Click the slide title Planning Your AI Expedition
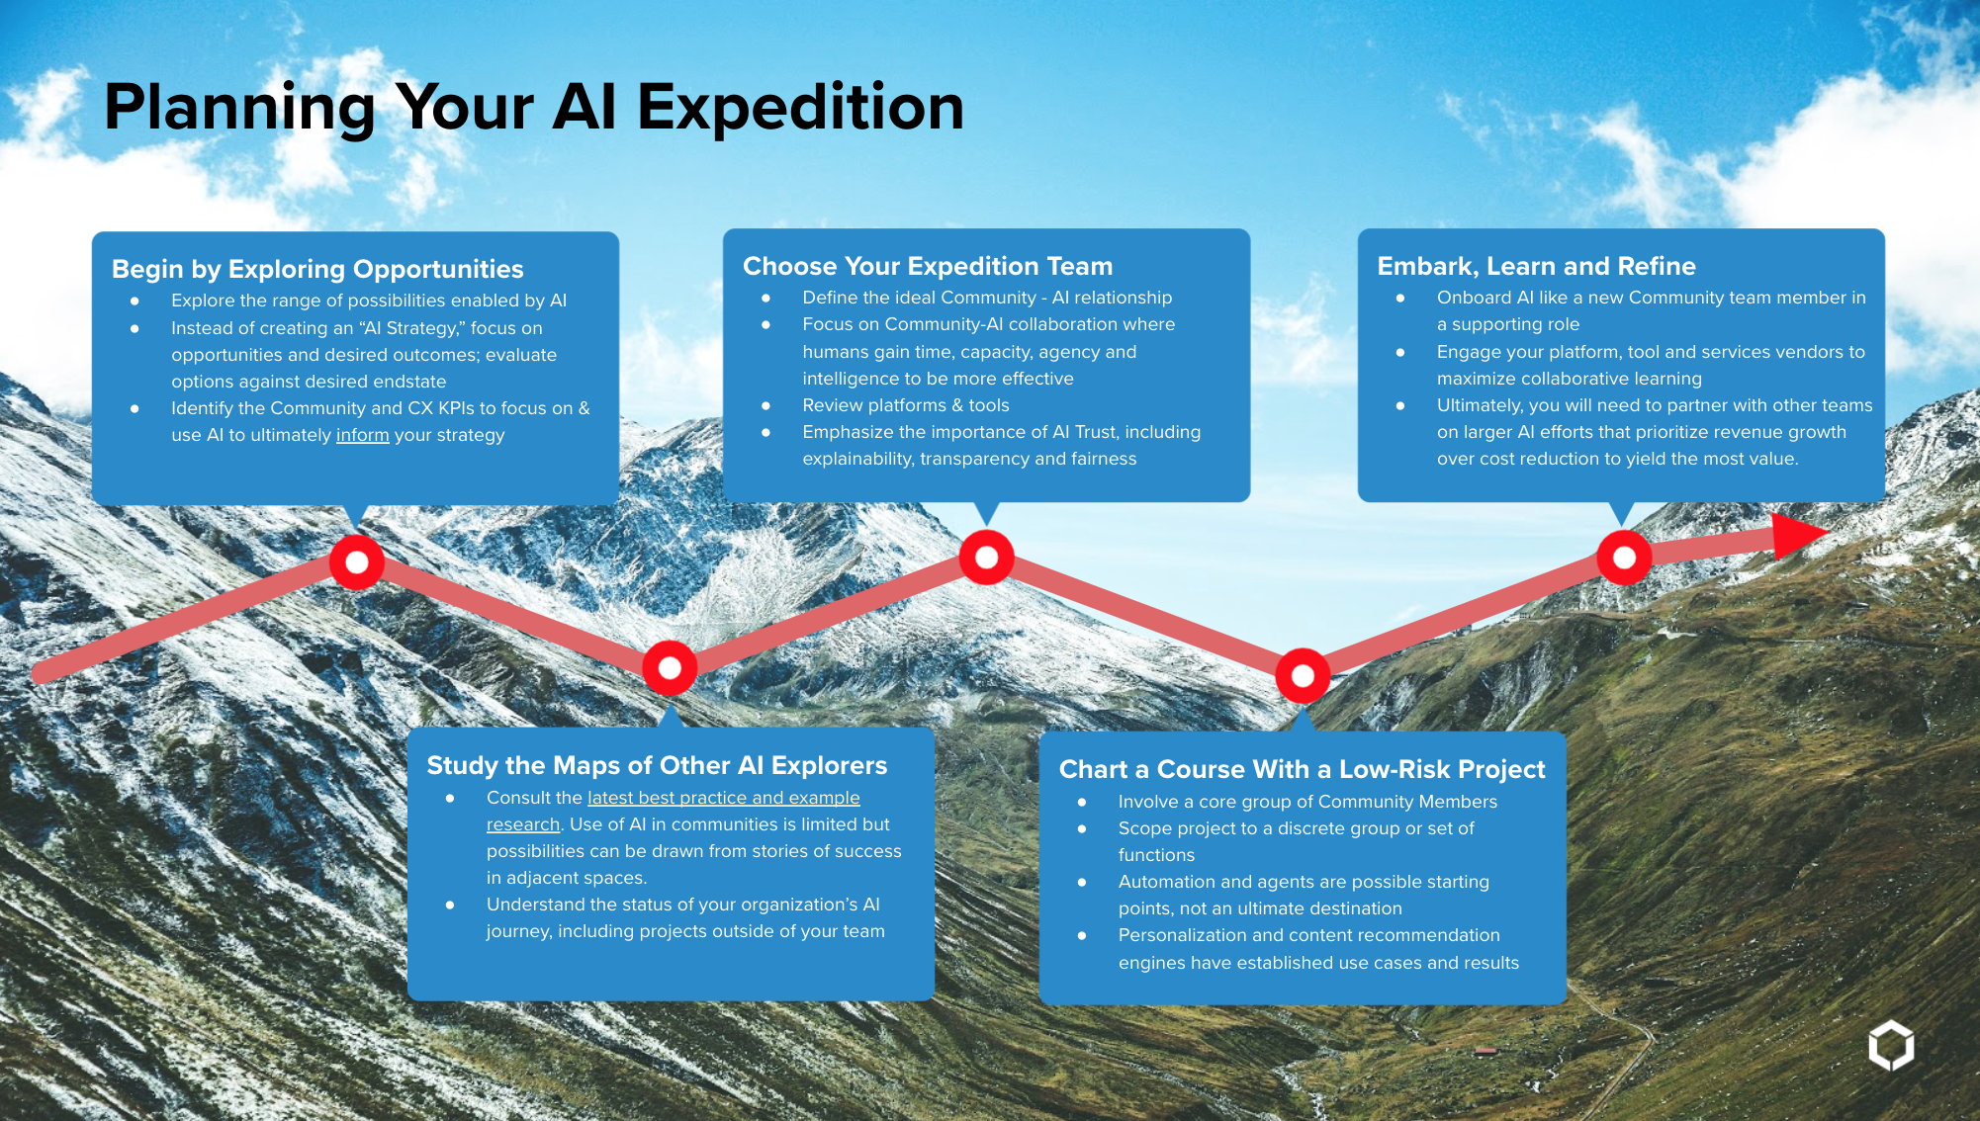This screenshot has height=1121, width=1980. coord(534,108)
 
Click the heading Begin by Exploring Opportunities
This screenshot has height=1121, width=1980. coord(317,270)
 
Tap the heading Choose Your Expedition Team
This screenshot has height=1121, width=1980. coord(928,266)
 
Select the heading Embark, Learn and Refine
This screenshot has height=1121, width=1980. coord(1536,266)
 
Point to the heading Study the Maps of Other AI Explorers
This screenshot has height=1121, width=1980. coord(657,766)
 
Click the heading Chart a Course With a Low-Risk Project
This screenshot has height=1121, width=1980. coord(1302,769)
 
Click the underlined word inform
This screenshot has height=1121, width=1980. coord(362,435)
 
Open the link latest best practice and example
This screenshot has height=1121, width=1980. coord(723,798)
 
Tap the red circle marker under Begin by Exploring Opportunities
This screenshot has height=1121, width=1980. coord(357,562)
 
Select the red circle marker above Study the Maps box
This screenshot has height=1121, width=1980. coord(670,668)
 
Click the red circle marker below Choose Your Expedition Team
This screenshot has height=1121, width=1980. coord(986,558)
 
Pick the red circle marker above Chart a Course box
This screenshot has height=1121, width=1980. coord(1303,675)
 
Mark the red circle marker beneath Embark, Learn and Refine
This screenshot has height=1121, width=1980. coord(1624,558)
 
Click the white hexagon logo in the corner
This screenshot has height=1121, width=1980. coord(1891,1045)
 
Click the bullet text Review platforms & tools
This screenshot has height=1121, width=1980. coord(906,405)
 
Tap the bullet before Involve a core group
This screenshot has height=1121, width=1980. coord(1082,803)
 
